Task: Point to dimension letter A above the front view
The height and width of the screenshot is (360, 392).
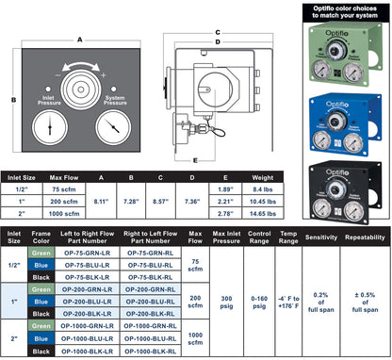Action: pos(78,40)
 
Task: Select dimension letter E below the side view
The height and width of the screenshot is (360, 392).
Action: pos(194,159)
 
